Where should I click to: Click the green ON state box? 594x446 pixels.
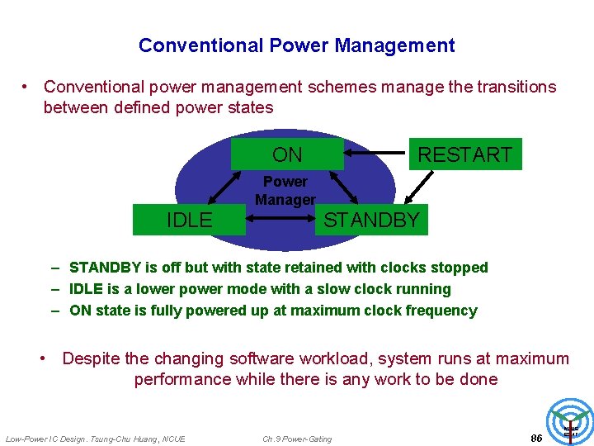(287, 154)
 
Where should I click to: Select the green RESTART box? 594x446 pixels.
(465, 154)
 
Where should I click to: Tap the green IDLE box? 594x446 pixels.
(190, 220)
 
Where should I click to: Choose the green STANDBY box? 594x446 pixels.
(372, 220)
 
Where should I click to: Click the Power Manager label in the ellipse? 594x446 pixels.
(285, 191)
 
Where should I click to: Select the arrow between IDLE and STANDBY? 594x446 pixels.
(280, 220)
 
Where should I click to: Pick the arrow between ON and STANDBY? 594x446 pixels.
(343, 187)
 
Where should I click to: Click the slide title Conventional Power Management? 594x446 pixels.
(296, 45)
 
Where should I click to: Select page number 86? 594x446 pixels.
(536, 438)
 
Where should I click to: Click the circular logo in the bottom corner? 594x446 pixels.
(570, 422)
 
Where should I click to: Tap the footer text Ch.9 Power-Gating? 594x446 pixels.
(297, 439)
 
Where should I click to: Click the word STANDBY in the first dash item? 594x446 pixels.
(103, 268)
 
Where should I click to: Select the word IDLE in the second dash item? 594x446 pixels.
(87, 289)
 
